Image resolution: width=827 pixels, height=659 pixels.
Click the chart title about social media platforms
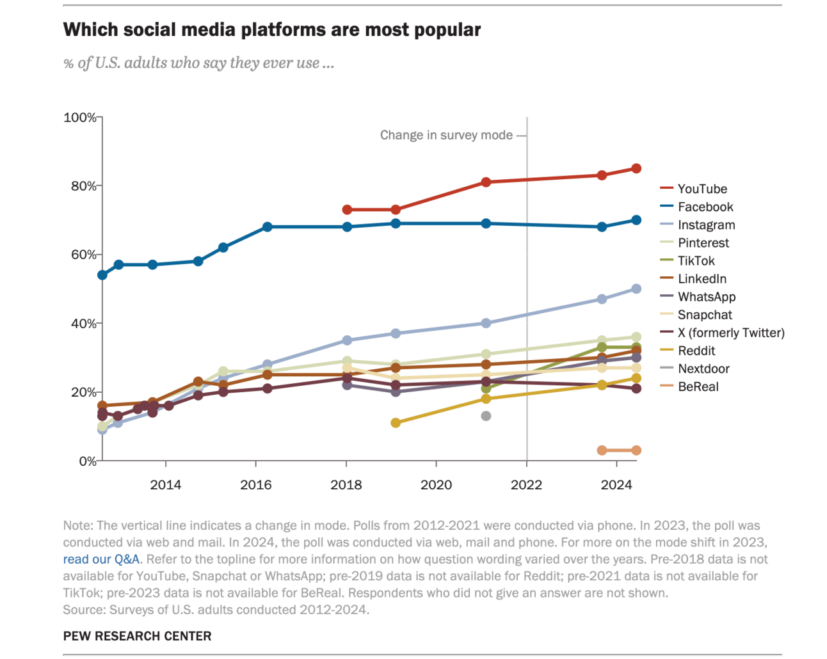click(x=271, y=30)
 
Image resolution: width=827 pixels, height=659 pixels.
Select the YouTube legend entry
click(x=702, y=189)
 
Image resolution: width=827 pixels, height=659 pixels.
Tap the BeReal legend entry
click(x=698, y=386)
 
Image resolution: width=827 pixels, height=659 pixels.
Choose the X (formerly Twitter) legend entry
click(x=730, y=333)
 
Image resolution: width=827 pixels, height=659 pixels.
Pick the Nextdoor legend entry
click(x=703, y=369)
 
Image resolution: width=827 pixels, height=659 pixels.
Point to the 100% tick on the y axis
click(x=80, y=118)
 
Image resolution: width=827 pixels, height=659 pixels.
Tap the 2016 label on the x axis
click(x=256, y=485)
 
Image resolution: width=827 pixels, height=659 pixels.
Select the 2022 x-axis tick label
click(x=526, y=485)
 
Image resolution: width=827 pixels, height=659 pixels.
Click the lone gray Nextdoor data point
click(x=486, y=416)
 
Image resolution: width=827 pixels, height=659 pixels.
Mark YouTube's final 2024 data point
click(x=636, y=168)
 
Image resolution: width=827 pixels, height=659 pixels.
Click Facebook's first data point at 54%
click(x=102, y=275)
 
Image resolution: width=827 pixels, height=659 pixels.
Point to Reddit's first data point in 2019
click(x=396, y=423)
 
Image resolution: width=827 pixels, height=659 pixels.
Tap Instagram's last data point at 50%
click(x=636, y=289)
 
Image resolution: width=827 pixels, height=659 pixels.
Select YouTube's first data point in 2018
click(x=347, y=210)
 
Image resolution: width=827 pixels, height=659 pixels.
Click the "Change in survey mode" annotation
click(x=446, y=135)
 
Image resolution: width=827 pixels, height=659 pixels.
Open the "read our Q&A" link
click(x=101, y=559)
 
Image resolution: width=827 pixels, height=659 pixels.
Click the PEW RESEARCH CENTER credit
click(x=137, y=636)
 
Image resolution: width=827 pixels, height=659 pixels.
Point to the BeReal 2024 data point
click(x=636, y=450)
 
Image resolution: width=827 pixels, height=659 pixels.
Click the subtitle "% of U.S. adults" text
click(x=198, y=63)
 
